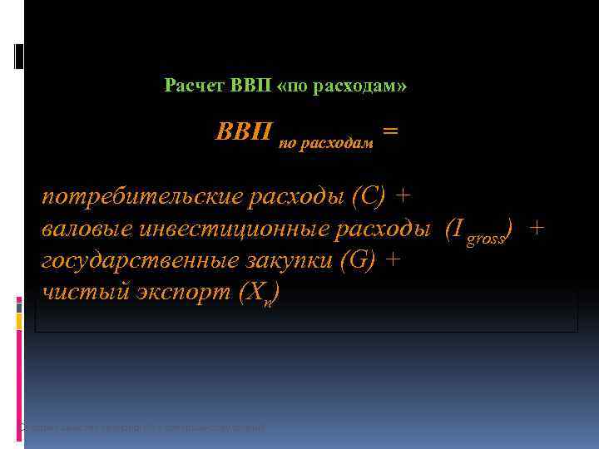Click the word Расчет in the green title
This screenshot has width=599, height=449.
click(191, 86)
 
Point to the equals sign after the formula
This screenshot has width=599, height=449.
click(389, 131)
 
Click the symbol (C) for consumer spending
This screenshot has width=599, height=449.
click(369, 196)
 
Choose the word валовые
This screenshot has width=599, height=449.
click(87, 229)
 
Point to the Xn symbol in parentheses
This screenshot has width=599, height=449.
click(264, 294)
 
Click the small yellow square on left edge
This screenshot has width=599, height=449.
click(19, 318)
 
